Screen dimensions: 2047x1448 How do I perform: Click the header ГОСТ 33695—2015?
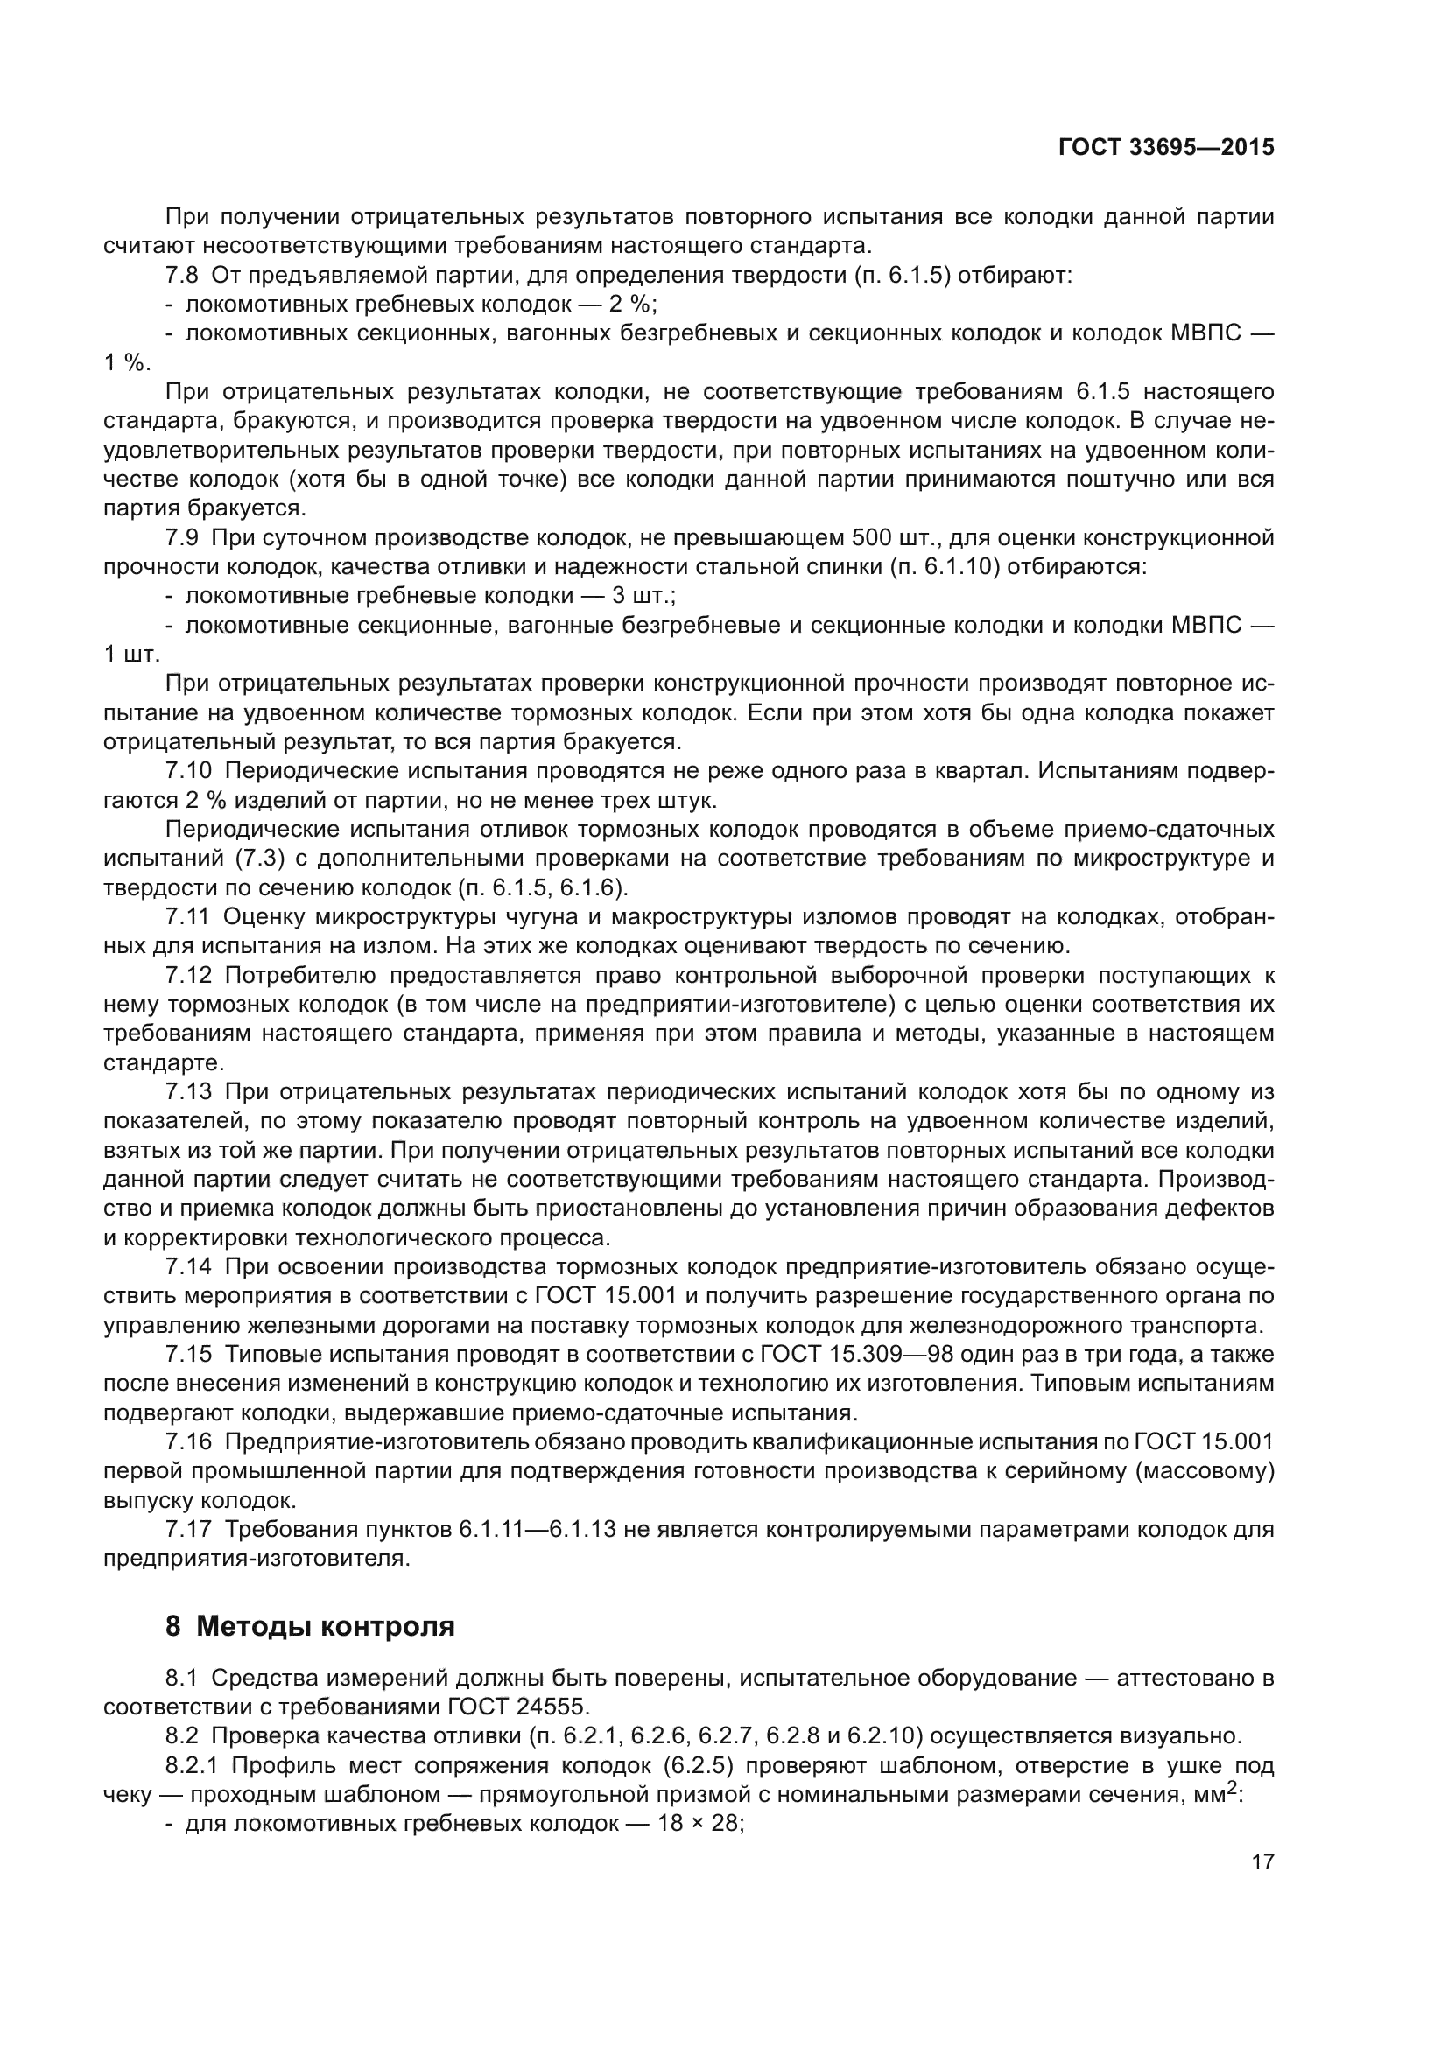click(x=1166, y=148)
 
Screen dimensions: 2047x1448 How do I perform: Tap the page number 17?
click(x=1262, y=1861)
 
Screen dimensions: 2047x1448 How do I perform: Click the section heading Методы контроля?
click(x=326, y=1626)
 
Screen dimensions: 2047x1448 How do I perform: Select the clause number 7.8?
click(x=183, y=276)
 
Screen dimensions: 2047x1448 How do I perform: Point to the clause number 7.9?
click(x=183, y=537)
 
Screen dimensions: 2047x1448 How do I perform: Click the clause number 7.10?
click(x=188, y=770)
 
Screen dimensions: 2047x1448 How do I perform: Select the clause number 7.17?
click(x=188, y=1529)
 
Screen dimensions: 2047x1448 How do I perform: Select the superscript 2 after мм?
click(x=1234, y=1789)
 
